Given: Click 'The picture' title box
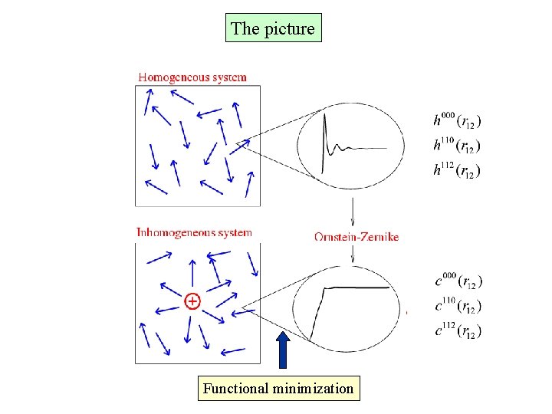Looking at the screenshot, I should (x=273, y=28).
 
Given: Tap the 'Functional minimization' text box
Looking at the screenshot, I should (x=278, y=388).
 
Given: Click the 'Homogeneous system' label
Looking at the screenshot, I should (x=192, y=77).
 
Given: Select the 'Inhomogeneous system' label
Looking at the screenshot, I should (x=194, y=232).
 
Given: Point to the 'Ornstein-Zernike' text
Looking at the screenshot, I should (x=356, y=237).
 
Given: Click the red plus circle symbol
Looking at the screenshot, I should (x=192, y=301).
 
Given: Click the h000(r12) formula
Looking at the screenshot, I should (x=458, y=120).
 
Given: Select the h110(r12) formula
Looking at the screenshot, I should (x=458, y=145).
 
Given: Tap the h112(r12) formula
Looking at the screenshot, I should (x=458, y=170).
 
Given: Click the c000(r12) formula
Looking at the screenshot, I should (x=458, y=281).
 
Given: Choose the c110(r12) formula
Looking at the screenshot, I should (x=458, y=306).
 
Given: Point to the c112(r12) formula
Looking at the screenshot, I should (x=458, y=330).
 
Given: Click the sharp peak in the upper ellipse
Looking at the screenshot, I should (x=326, y=123).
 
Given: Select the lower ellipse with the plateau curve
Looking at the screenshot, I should (x=350, y=304).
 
